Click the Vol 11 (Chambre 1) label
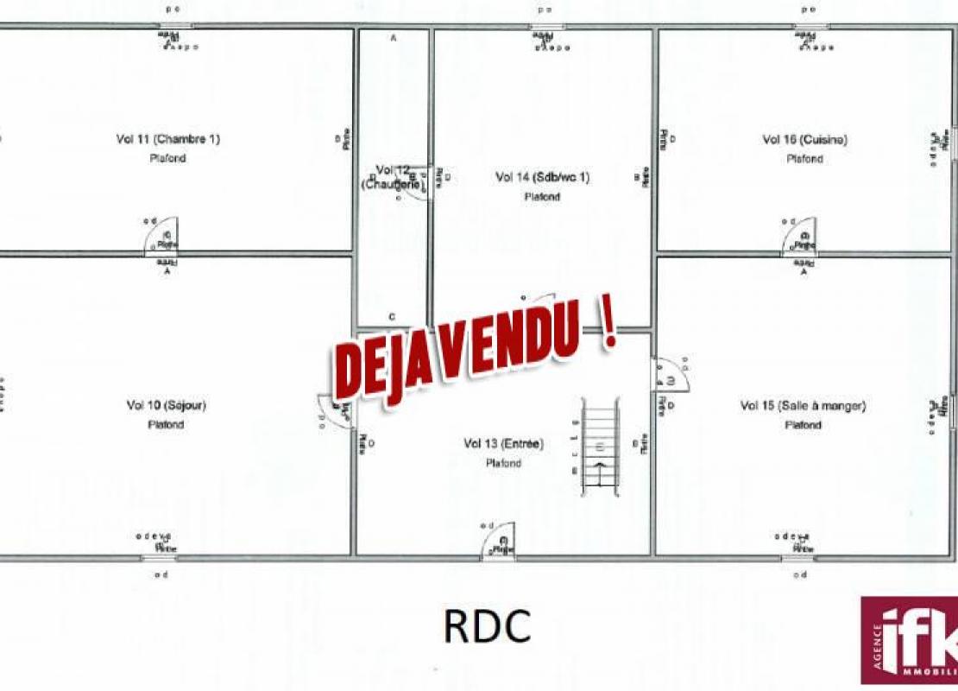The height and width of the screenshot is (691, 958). coord(167,138)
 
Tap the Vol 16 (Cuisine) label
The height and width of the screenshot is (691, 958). coord(804,139)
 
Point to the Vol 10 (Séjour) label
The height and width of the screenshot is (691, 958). coord(166,405)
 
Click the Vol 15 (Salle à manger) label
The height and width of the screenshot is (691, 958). coord(803,405)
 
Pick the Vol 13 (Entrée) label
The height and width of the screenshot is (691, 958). coord(502,444)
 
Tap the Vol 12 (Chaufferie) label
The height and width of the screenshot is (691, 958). coord(393,176)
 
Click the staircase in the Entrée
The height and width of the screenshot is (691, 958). coord(599,447)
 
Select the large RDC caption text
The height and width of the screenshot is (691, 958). coord(487,627)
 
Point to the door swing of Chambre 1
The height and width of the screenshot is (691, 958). coord(162,236)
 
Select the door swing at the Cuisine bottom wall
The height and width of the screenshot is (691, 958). coord(800,236)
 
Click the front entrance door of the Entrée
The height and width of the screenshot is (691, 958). coord(499,542)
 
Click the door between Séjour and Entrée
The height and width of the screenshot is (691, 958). coord(336,411)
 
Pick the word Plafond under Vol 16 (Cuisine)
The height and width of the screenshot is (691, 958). coord(804,159)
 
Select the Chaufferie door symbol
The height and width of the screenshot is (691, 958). coord(419,182)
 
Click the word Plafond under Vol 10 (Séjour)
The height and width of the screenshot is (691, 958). coord(166,425)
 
